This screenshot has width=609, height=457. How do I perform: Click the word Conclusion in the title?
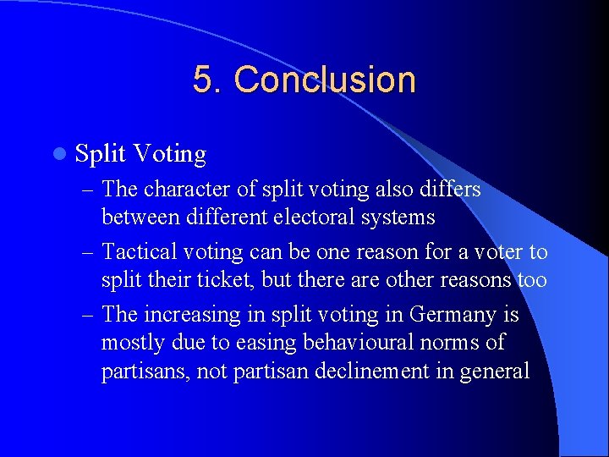pyautogui.click(x=325, y=80)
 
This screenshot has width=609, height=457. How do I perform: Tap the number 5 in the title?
pyautogui.click(x=203, y=80)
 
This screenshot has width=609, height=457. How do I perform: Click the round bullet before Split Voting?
pyautogui.click(x=58, y=154)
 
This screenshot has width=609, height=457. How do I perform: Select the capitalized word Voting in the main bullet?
pyautogui.click(x=170, y=154)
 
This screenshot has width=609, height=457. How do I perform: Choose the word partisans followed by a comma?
pyautogui.click(x=141, y=371)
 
